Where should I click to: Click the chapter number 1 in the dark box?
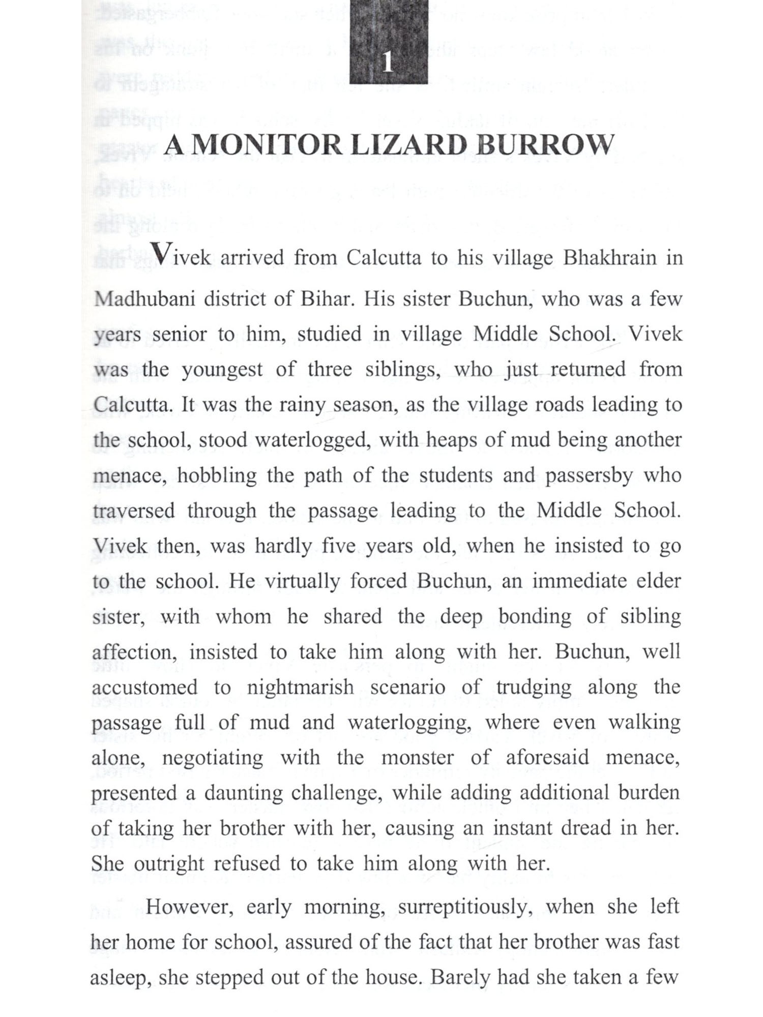coord(388,64)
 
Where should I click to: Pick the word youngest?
coord(222,370)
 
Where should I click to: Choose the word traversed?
coord(133,511)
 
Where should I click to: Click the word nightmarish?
coord(300,687)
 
